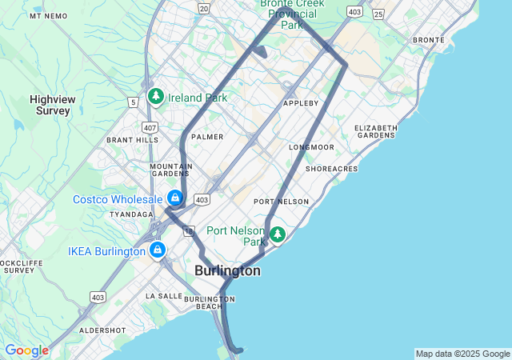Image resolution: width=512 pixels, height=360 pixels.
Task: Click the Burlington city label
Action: tap(227, 271)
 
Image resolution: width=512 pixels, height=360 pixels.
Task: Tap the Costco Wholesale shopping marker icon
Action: tap(174, 198)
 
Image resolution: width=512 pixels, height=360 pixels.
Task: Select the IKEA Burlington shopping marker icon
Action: tap(157, 250)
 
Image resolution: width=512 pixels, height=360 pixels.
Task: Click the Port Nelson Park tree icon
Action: tap(277, 234)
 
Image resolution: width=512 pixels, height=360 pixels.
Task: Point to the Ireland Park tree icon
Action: tap(156, 98)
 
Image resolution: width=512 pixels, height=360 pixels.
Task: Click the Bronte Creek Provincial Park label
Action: tap(293, 14)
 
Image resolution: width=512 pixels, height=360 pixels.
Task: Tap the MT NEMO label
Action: tap(48, 16)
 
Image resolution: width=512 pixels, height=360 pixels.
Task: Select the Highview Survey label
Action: tap(53, 105)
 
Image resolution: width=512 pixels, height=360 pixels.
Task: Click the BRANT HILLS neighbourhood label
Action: tap(133, 139)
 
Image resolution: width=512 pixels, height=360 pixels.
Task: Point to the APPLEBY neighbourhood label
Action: tap(301, 103)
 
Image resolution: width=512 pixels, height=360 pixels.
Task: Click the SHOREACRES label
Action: tap(331, 169)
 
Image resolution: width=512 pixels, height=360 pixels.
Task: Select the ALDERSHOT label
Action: tap(102, 330)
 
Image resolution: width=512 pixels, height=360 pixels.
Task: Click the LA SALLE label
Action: tap(164, 295)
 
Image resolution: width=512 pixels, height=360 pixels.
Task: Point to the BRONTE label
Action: tap(428, 40)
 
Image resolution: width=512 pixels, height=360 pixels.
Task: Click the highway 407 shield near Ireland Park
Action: tap(150, 127)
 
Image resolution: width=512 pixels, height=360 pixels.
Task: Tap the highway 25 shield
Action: tap(378, 14)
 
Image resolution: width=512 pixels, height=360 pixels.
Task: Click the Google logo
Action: tap(26, 350)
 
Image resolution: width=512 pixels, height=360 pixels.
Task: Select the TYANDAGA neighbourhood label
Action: tap(130, 214)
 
